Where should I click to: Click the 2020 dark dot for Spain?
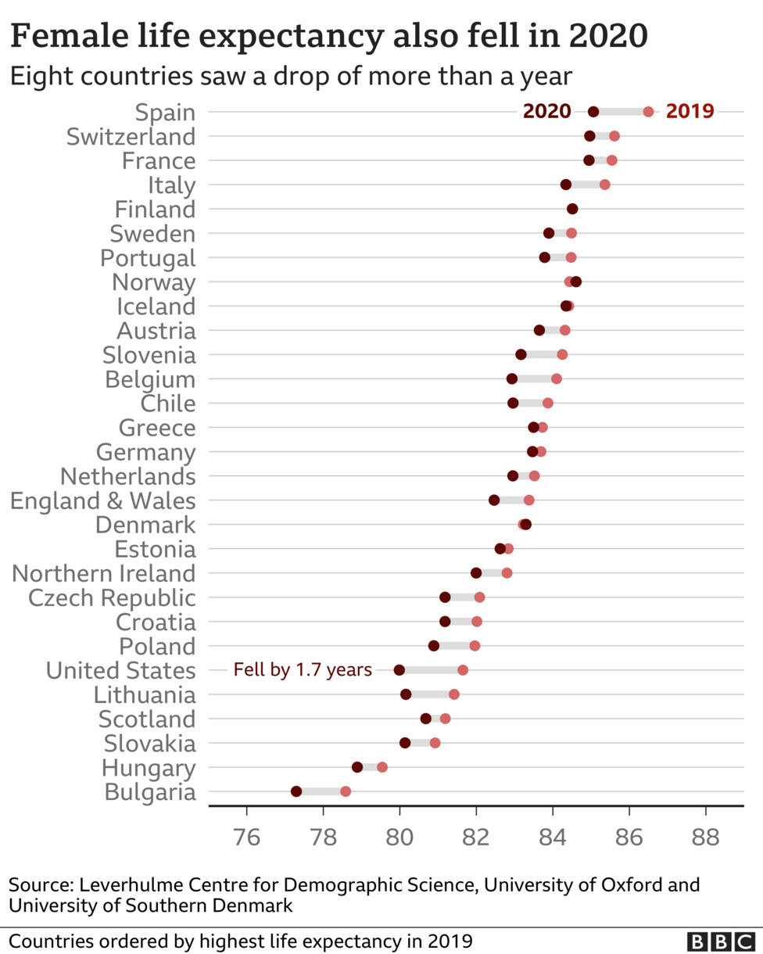(x=593, y=112)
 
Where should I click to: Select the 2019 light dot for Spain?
(x=648, y=112)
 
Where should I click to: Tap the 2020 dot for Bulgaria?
(x=296, y=791)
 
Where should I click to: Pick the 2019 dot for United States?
(x=463, y=670)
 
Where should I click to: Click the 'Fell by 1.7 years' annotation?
(x=303, y=670)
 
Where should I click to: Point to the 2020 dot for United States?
(x=399, y=670)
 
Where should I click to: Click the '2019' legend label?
(x=690, y=112)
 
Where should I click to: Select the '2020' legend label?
(x=547, y=112)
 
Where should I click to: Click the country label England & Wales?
(x=102, y=500)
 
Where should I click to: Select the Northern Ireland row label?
(x=103, y=573)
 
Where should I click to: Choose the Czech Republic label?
(x=112, y=598)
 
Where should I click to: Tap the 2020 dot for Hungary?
(x=357, y=767)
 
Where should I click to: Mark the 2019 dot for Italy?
(x=604, y=185)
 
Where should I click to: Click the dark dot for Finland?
(x=572, y=209)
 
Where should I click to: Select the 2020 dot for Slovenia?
(x=521, y=354)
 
